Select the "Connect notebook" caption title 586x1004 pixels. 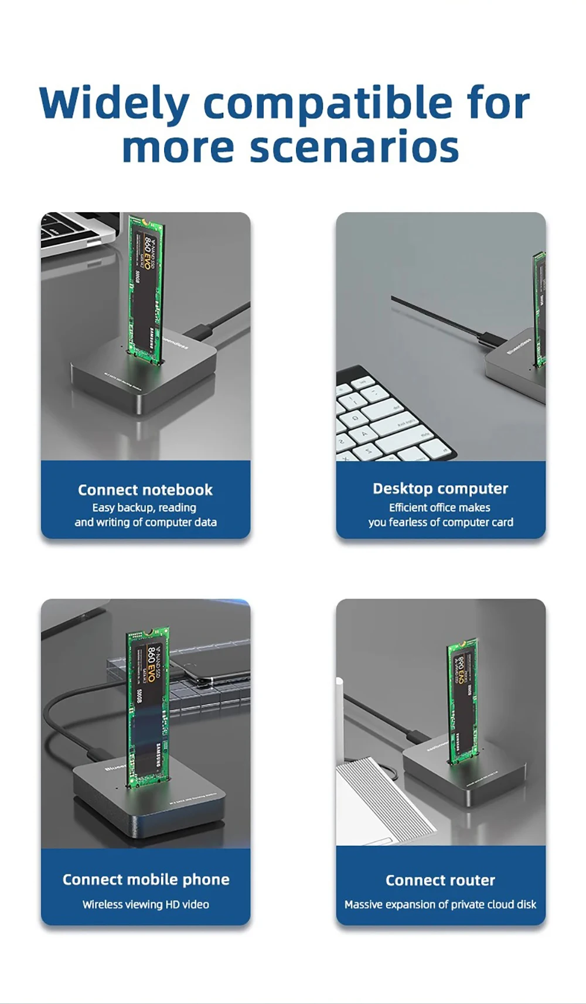tap(145, 490)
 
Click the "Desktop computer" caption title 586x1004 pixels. tap(441, 489)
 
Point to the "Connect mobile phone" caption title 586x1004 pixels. tap(146, 879)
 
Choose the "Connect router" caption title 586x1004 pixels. tap(441, 880)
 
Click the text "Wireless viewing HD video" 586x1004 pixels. tap(146, 904)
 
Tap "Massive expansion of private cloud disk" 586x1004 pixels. tap(441, 904)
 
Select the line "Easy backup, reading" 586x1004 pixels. tap(144, 507)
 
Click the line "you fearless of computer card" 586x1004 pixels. tap(441, 522)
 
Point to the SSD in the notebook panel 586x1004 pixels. tap(145, 287)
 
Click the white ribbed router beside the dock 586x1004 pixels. tap(381, 797)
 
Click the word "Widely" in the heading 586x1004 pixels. tap(114, 104)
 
